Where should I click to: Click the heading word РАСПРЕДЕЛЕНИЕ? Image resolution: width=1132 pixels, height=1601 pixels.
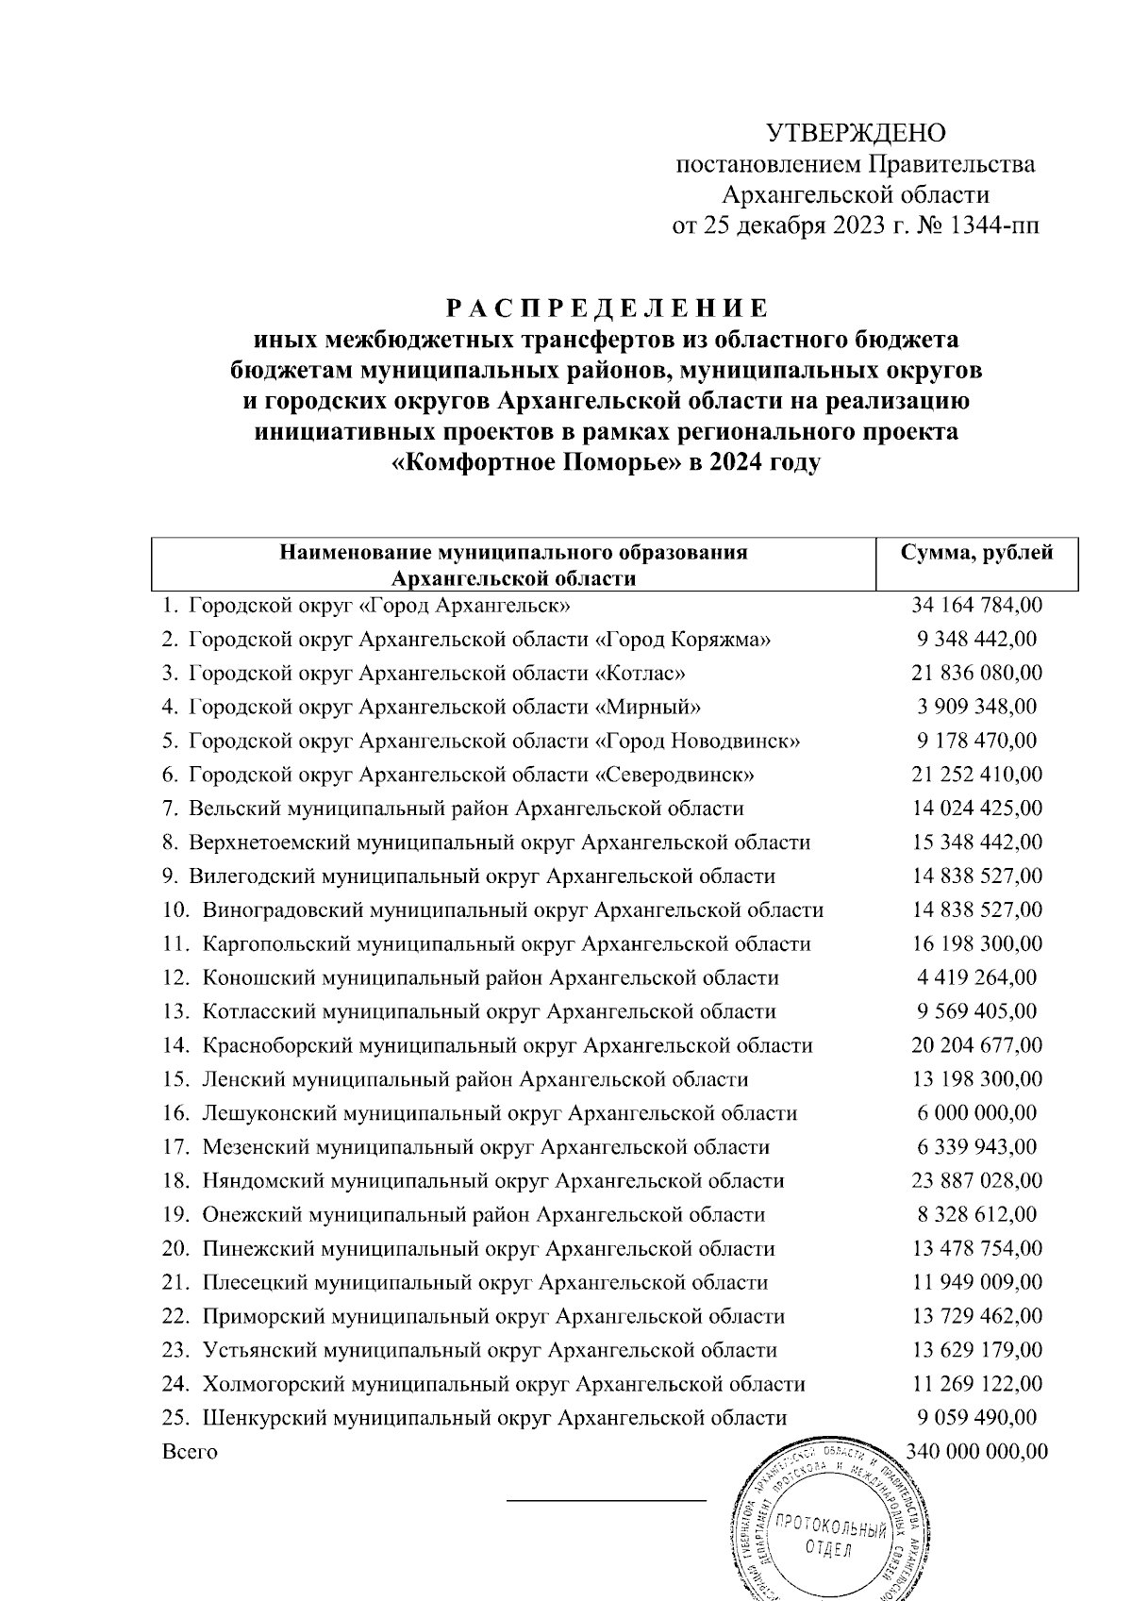[x=608, y=309]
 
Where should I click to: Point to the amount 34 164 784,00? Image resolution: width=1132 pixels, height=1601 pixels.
[x=977, y=605]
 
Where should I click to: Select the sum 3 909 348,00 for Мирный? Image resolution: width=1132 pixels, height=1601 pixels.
[x=977, y=707]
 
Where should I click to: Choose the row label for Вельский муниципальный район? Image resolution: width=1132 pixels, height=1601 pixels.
[x=466, y=809]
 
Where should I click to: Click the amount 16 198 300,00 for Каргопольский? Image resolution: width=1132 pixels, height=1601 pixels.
[x=977, y=944]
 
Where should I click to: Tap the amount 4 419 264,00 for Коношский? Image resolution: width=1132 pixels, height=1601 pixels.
[x=977, y=978]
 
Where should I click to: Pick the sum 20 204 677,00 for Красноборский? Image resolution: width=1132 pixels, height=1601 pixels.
[x=977, y=1046]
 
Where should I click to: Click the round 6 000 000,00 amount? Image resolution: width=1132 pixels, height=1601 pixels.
[x=977, y=1113]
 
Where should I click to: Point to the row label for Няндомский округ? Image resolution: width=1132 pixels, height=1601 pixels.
[x=492, y=1181]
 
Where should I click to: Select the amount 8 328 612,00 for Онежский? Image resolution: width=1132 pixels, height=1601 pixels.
[x=977, y=1215]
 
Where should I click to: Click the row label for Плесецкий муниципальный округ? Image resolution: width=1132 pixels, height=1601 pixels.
[x=485, y=1283]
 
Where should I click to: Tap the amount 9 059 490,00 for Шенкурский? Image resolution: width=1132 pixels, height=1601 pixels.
[x=977, y=1418]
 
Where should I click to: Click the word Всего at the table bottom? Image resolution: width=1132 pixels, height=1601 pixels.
[x=190, y=1452]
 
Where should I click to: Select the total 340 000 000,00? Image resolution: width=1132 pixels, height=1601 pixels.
[x=977, y=1452]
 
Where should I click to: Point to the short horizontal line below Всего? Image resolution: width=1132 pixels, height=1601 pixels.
[x=607, y=1499]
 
